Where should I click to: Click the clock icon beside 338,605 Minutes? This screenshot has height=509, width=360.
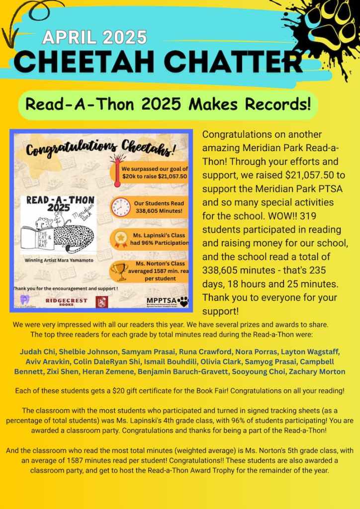click(x=121, y=206)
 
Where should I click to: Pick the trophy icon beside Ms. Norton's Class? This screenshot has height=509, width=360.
click(x=120, y=271)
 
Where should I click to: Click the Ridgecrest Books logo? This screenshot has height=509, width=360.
click(x=66, y=301)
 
